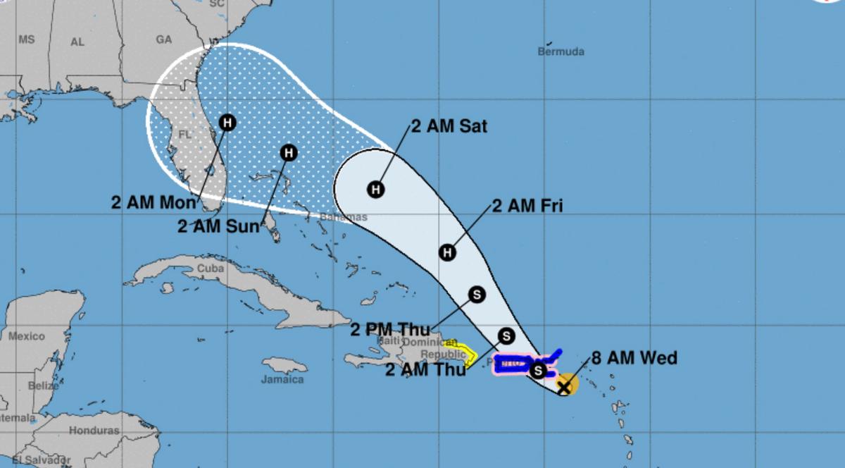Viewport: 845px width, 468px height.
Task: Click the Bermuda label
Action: pos(561,51)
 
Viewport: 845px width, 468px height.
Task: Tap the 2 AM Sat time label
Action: pos(449,127)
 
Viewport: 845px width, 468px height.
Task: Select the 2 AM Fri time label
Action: pos(527,206)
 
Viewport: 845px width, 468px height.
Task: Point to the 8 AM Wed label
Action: pos(636,358)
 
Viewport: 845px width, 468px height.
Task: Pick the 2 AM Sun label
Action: pos(217,227)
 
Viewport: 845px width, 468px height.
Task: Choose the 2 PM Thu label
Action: pos(389,329)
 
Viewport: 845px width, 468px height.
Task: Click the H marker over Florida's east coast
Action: pos(227,123)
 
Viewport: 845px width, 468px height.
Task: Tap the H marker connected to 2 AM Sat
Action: pos(376,189)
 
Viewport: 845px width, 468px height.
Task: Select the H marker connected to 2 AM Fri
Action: pos(447,252)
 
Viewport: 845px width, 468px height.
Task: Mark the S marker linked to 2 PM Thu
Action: pos(477,295)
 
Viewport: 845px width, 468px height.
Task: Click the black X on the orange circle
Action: pos(564,386)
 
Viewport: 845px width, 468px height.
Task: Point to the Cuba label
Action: pos(211,269)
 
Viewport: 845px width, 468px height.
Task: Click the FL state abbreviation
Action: pos(184,134)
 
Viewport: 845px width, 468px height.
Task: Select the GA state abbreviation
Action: pos(163,40)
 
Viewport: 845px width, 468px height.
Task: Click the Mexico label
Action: pos(25,336)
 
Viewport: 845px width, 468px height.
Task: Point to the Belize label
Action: pos(44,386)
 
